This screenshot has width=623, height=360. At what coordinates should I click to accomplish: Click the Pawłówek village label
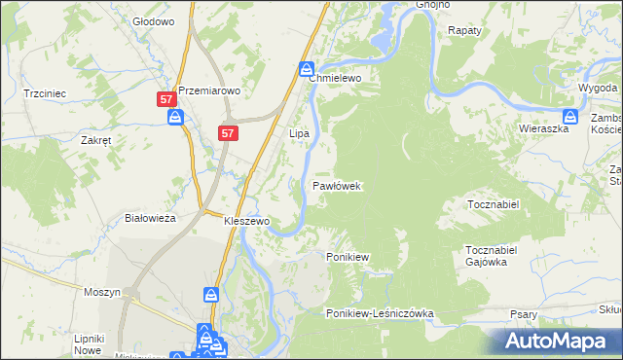(x=338, y=185)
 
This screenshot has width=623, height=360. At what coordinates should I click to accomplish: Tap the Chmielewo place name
(x=336, y=78)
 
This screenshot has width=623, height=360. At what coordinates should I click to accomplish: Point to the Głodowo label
(x=153, y=20)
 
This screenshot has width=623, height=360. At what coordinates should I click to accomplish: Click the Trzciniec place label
(x=44, y=93)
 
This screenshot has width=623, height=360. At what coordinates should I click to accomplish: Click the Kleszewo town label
(x=246, y=221)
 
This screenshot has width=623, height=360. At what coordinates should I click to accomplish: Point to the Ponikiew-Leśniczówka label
(x=380, y=313)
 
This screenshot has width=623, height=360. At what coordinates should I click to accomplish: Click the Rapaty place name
(x=465, y=30)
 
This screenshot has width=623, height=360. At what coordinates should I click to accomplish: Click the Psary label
(x=525, y=314)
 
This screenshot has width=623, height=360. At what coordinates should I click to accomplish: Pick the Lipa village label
(x=299, y=132)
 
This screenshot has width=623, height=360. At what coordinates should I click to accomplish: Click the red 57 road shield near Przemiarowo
(x=166, y=99)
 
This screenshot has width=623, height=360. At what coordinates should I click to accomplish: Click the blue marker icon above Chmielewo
(x=306, y=69)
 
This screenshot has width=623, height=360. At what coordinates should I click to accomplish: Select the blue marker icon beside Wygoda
(x=599, y=118)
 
